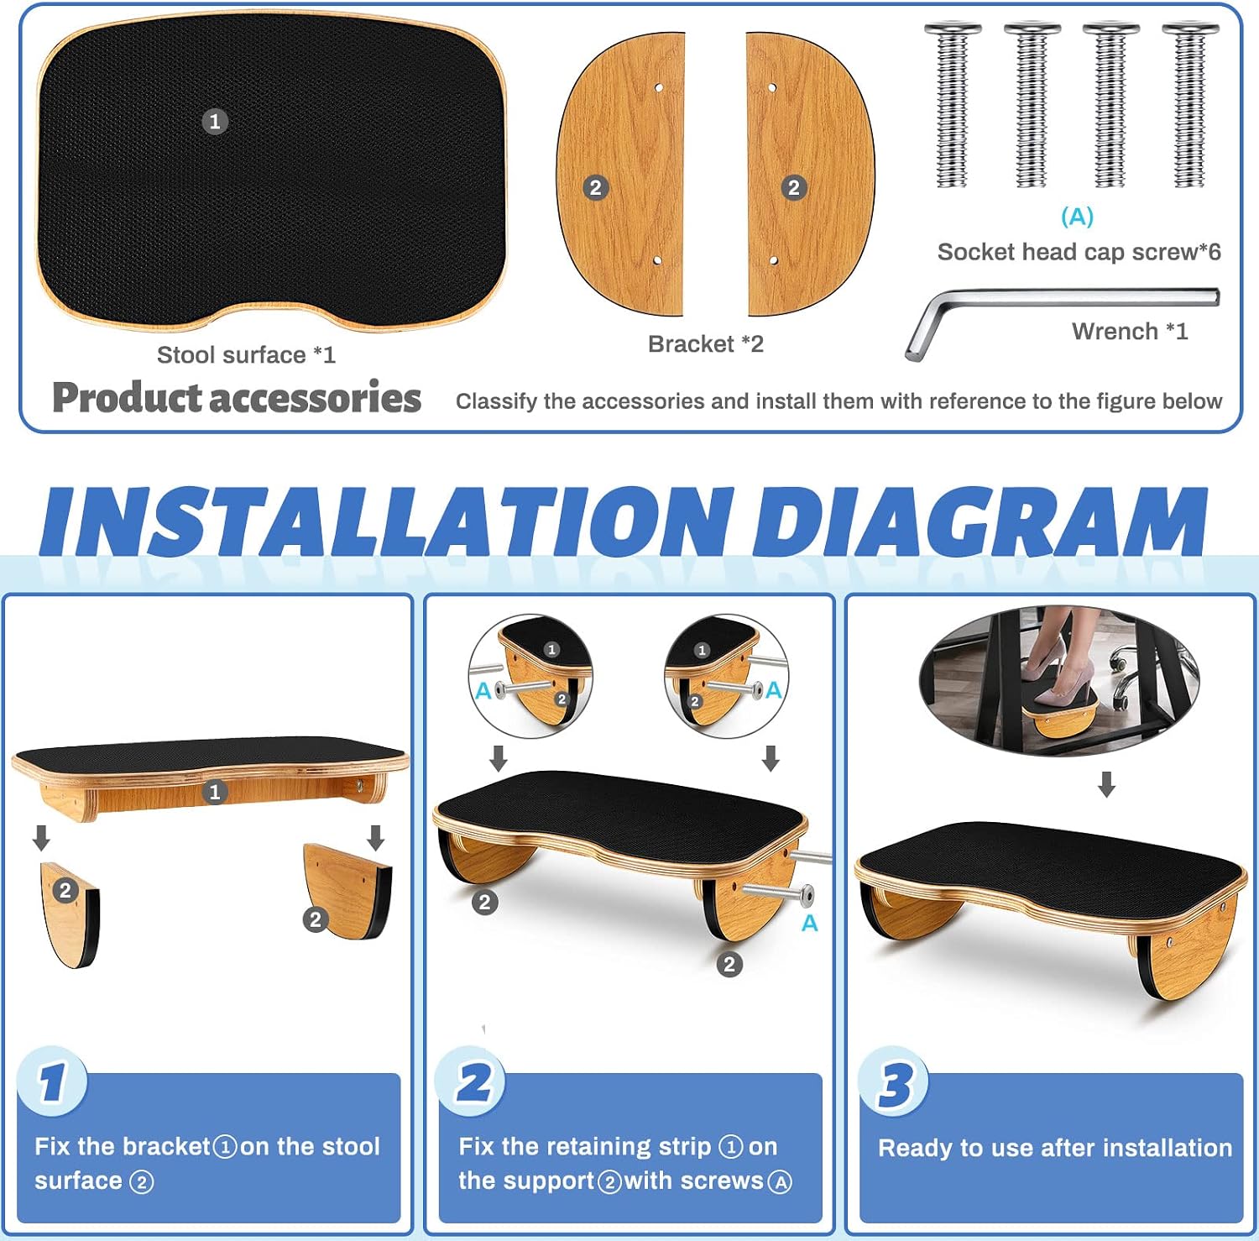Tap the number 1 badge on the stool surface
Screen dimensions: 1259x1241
(215, 122)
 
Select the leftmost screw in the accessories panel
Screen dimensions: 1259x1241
(953, 105)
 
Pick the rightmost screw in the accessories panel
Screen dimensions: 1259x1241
(1190, 105)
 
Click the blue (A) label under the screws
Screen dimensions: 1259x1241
(1077, 217)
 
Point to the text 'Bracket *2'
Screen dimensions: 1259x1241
(706, 344)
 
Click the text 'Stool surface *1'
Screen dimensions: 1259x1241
(246, 355)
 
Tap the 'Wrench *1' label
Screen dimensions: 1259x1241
(1130, 332)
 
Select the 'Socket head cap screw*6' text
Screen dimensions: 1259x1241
(1079, 252)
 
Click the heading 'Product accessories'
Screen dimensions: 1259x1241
(237, 398)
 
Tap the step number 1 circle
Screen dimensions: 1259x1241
(52, 1081)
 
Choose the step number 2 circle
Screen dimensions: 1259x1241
(473, 1081)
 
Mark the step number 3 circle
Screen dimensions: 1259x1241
(895, 1082)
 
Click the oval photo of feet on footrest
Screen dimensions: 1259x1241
(1059, 681)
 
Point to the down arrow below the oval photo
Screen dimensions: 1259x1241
(1107, 785)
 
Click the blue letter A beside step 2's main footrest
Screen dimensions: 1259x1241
(809, 924)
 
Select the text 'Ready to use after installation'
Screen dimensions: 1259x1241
(1055, 1148)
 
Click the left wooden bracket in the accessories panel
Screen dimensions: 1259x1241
(620, 175)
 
